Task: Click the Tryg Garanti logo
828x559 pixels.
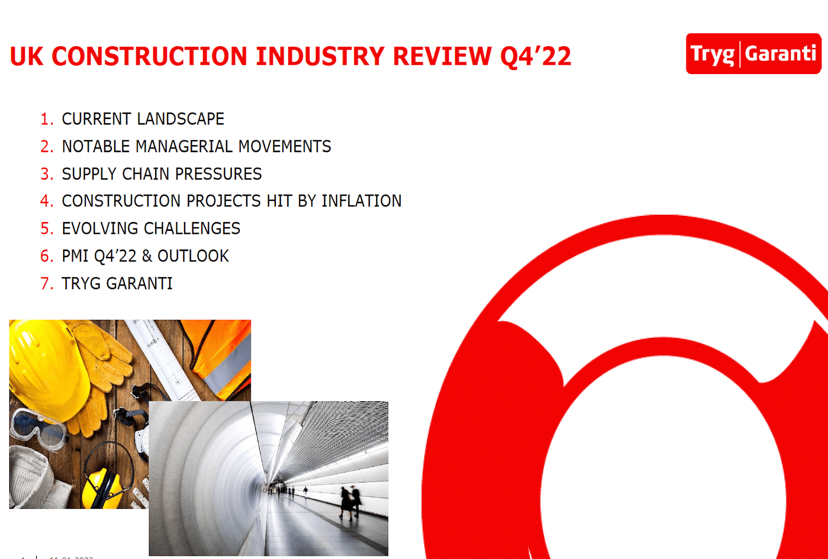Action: tap(753, 54)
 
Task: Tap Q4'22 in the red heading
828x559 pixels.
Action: tap(536, 56)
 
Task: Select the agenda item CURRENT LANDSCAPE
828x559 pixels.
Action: tap(143, 119)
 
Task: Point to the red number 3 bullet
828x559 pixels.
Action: tap(46, 174)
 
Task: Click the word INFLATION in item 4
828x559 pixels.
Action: tap(361, 201)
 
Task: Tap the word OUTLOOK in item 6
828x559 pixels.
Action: tap(193, 256)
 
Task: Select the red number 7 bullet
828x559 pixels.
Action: tap(46, 284)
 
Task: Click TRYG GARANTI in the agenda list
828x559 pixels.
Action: tap(117, 284)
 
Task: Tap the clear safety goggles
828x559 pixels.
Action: tap(39, 427)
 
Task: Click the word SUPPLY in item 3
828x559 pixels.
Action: tap(88, 174)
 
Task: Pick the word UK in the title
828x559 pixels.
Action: tap(26, 56)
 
